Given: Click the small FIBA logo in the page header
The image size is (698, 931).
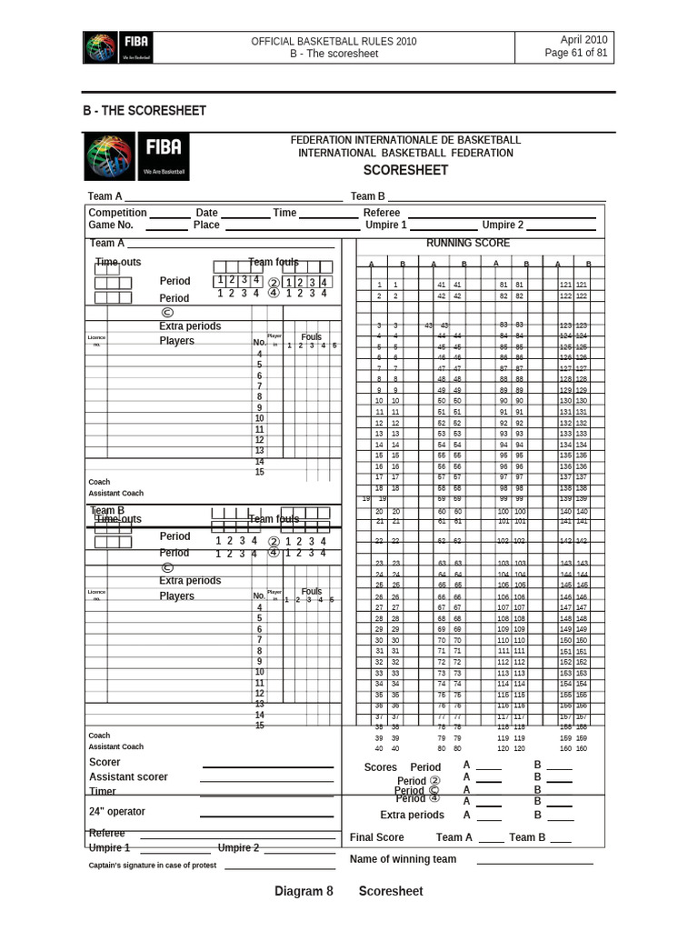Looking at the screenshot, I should click(117, 47).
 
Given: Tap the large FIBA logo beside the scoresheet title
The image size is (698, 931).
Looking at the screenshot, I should click(137, 156).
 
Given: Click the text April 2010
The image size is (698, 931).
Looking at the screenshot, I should click(583, 40).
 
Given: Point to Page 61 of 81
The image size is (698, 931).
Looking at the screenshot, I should click(576, 53).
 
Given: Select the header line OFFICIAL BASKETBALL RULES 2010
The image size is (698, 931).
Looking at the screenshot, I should click(334, 41).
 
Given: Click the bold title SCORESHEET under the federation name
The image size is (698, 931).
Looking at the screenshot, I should click(405, 170).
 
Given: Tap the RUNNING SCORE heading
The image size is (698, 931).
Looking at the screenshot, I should click(468, 244).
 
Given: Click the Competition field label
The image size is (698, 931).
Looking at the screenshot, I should click(117, 213).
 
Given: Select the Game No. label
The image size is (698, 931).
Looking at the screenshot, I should click(111, 225).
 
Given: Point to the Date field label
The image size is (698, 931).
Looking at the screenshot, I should click(206, 213).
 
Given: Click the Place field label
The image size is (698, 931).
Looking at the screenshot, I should click(206, 225).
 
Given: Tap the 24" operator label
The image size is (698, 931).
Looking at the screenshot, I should click(117, 811).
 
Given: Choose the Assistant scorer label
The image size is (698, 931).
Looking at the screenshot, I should click(128, 776).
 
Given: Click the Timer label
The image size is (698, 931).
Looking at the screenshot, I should click(103, 791).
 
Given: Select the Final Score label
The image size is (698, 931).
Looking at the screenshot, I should click(377, 837).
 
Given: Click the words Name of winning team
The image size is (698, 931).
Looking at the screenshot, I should click(404, 859).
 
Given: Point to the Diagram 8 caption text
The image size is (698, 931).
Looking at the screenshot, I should click(304, 891).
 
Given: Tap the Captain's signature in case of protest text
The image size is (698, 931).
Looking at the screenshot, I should click(153, 866).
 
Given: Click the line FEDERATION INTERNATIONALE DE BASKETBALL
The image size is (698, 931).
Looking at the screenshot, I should click(405, 140).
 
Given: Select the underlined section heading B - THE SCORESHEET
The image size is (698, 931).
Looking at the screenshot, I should click(145, 111).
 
